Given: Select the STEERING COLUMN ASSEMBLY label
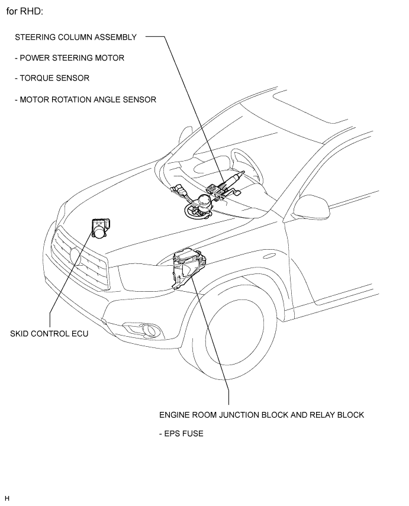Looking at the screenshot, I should (76, 37).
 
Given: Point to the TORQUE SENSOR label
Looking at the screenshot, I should (53, 78).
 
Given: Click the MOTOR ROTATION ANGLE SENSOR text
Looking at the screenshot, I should (86, 99).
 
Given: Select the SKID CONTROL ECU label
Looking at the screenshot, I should (49, 334).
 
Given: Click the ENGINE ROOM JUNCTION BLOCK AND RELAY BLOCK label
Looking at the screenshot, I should (261, 415).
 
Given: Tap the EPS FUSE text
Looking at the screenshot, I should (181, 434).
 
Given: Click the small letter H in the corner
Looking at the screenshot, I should (7, 498).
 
